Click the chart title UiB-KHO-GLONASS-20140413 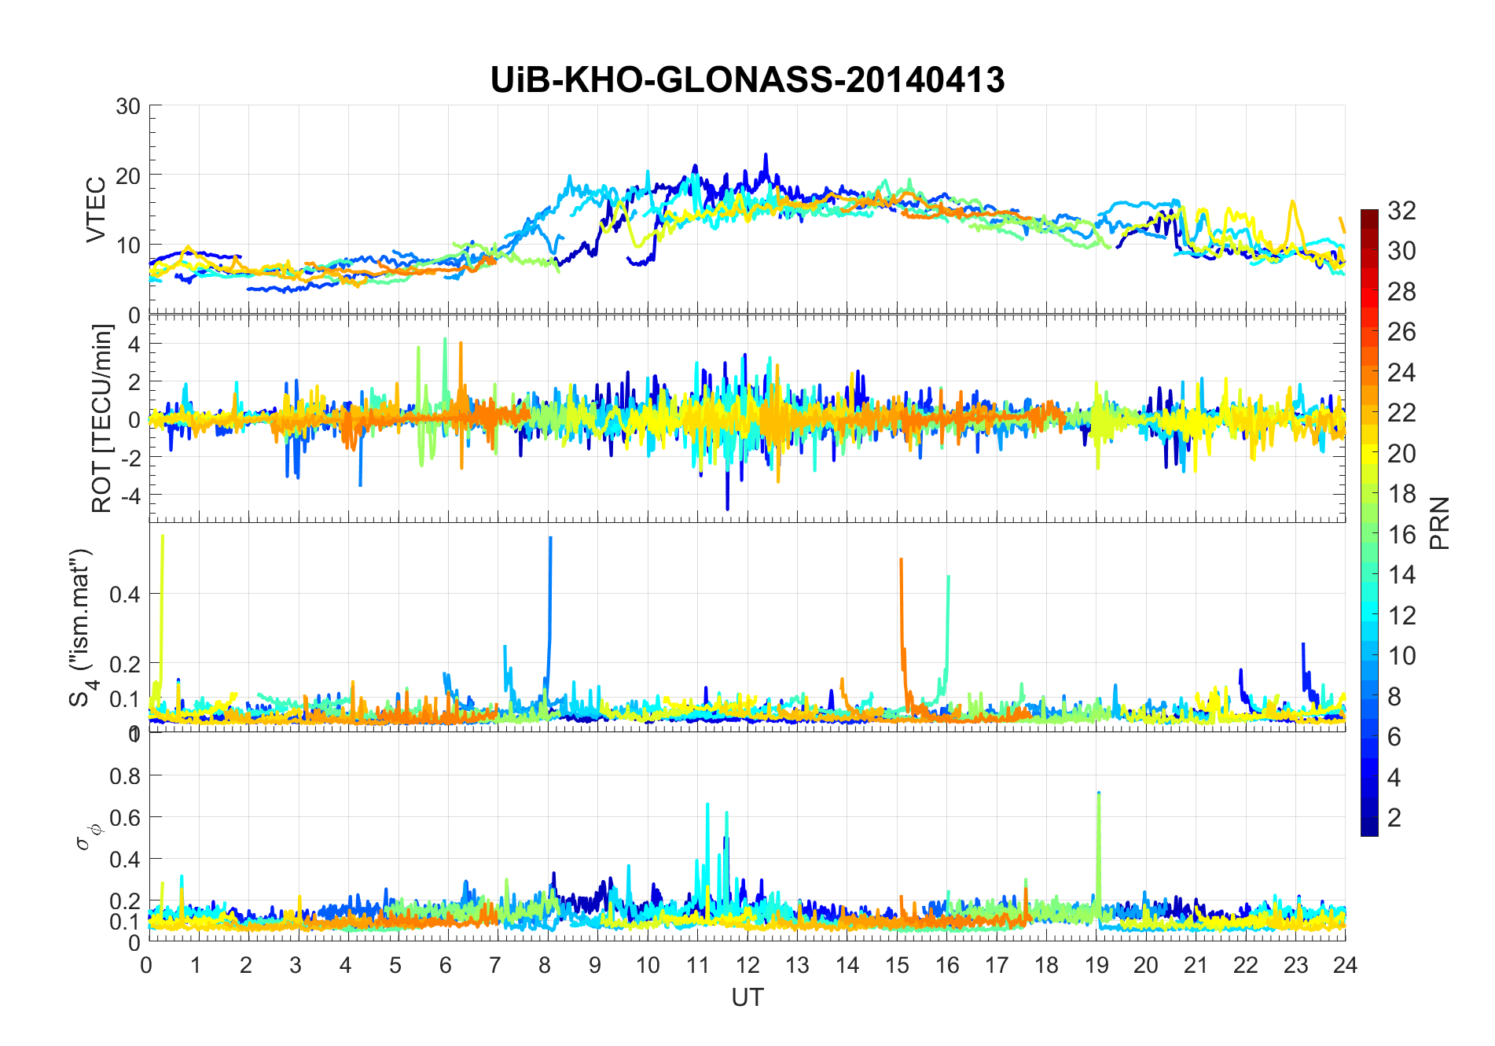(x=747, y=80)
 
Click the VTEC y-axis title (x=96, y=210)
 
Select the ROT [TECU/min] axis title (x=102, y=418)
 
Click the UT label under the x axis (x=747, y=997)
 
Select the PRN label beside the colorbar (x=1440, y=523)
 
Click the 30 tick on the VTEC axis (x=128, y=106)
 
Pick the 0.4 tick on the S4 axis (x=125, y=595)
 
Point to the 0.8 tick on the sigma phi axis (x=125, y=776)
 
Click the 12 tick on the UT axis (x=747, y=965)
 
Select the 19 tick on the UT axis (x=1096, y=965)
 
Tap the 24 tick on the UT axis (x=1345, y=965)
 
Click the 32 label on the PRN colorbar (x=1401, y=211)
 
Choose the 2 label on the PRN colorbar (x=1394, y=818)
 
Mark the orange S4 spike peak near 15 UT (x=901, y=559)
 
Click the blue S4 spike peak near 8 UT (x=550, y=538)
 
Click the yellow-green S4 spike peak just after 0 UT (x=162, y=536)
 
